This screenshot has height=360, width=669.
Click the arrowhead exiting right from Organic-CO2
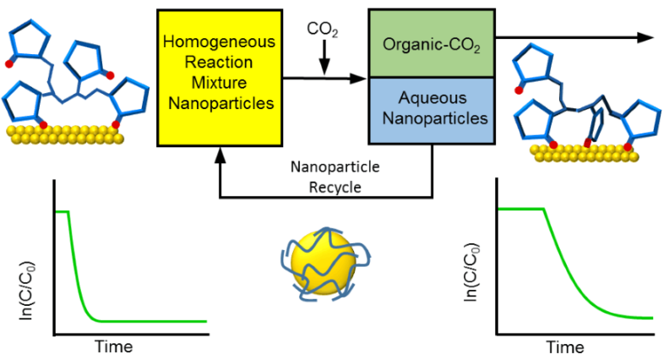pos(646,37)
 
